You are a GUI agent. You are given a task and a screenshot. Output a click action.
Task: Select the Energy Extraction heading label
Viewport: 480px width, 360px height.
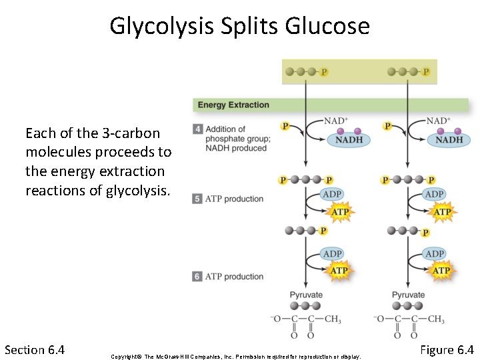pos(233,105)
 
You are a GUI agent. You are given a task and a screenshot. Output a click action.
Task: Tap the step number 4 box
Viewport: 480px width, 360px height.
pos(197,129)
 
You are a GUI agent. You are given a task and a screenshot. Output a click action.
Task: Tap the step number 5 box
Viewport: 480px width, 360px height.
pos(197,199)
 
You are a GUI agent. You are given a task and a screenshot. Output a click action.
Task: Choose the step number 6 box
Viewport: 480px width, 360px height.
pos(197,276)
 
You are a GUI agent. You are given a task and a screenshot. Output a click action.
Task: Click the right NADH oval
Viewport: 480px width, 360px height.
pos(449,140)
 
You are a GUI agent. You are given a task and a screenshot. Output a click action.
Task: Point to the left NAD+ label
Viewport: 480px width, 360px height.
pos(336,121)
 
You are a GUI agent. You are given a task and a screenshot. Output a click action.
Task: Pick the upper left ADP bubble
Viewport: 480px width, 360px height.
pos(332,195)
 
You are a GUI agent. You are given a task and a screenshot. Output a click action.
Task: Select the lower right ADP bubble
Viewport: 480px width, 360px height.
pos(435,254)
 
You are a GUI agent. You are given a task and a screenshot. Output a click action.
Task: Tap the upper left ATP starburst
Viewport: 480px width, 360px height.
pos(340,213)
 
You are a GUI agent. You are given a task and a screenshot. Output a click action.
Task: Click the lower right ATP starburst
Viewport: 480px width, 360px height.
pos(441,271)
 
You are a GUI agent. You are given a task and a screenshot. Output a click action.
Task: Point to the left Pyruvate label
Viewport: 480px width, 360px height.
pos(306,295)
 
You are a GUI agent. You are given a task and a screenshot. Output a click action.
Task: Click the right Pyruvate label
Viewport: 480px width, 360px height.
pos(408,295)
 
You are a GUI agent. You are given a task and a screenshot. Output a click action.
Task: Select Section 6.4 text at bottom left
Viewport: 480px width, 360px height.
pos(34,349)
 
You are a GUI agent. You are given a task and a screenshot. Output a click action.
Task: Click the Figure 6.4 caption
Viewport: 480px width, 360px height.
pos(447,349)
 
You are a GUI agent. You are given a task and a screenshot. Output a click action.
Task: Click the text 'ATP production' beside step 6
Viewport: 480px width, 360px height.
pos(235,277)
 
